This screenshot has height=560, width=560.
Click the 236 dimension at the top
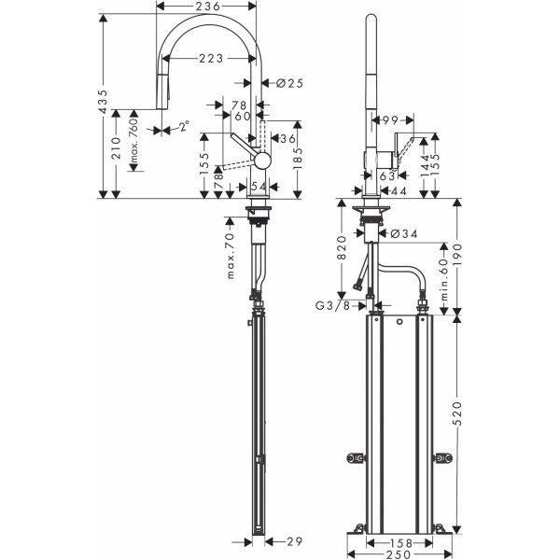[x=205, y=7]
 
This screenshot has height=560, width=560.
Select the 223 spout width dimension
[x=211, y=58]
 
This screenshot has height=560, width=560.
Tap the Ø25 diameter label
[x=289, y=84]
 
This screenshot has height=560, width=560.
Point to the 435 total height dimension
[x=103, y=102]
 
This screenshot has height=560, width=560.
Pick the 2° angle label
[x=184, y=126]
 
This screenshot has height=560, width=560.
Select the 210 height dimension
[x=116, y=147]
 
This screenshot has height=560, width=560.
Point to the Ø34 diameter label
[x=404, y=233]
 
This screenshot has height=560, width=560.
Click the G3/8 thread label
[x=333, y=306]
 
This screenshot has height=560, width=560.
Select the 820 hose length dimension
[x=342, y=248]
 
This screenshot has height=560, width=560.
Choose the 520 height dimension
[x=457, y=413]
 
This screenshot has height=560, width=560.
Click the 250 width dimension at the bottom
[x=399, y=553]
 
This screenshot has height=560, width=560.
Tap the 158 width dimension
[x=400, y=543]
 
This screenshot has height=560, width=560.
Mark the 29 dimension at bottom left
[x=294, y=541]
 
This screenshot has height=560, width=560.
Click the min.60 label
[x=444, y=279]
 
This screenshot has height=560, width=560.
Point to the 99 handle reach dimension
[x=390, y=120]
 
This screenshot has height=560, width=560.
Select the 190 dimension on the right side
[x=457, y=254]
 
